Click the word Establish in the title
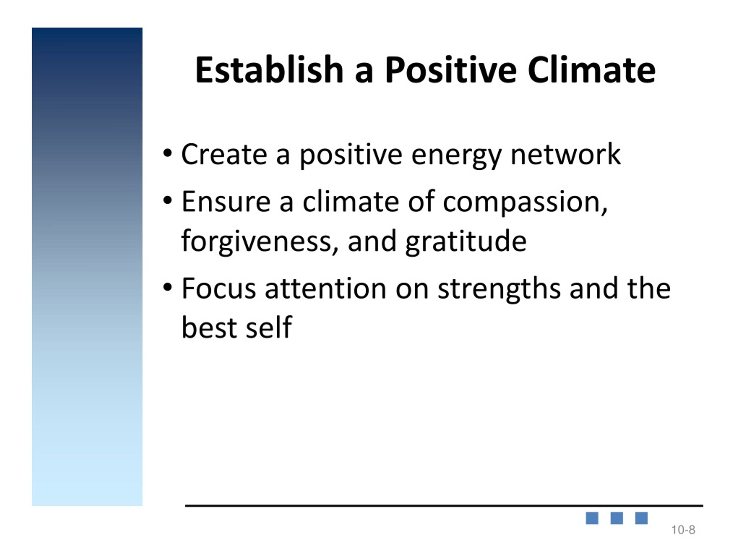pos(269,70)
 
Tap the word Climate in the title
pos(591,70)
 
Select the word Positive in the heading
pos(451,70)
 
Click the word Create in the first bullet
pos(224,154)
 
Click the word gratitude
pos(466,242)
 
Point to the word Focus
pos(219,288)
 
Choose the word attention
pos(325,288)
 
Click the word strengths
pos(499,289)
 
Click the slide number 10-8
pos(683,530)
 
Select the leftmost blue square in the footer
pos(592,518)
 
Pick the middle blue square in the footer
pos(617,518)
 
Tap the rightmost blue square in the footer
pos(641,518)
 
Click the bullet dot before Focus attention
pos(168,287)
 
